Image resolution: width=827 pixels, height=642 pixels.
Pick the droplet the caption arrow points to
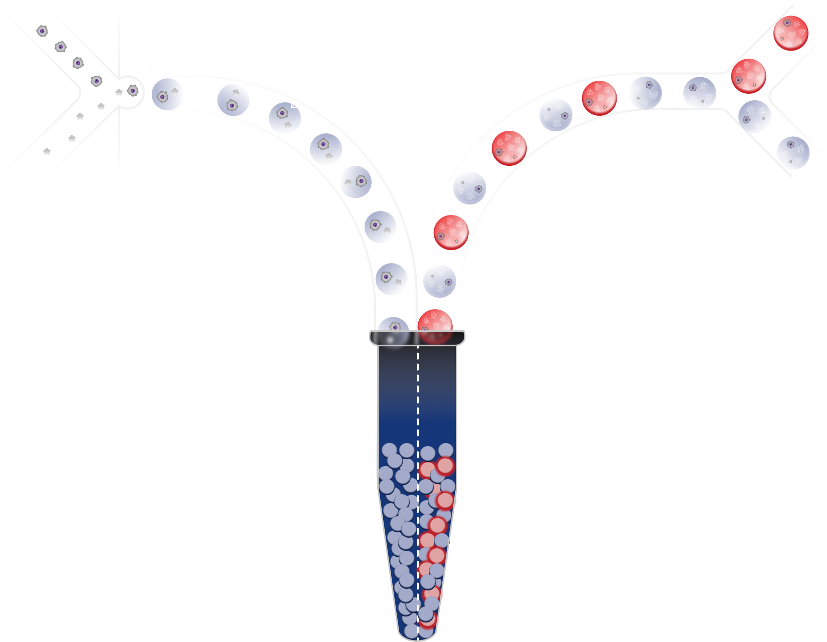pos(285,118)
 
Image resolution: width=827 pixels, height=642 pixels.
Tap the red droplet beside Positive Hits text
pos(790,33)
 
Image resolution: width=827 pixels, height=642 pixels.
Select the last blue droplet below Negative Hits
pos(793,153)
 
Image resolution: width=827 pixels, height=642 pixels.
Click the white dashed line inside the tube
pos(418,451)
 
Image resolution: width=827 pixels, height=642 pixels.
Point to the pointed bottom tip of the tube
pos(417,637)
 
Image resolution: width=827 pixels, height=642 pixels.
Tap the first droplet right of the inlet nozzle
pos(167,94)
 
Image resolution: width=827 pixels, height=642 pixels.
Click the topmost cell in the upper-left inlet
pos(43,31)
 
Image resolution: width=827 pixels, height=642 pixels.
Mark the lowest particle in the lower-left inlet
pos(47,151)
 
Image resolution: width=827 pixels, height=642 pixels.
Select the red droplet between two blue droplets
pos(599,98)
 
